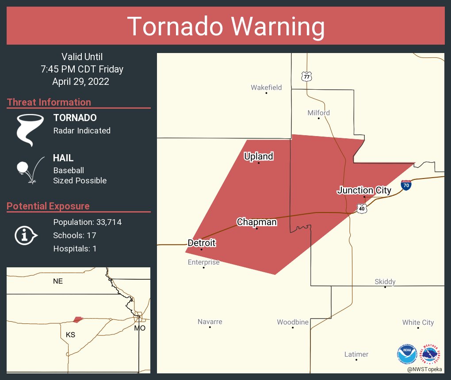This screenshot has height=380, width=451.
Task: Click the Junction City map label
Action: click(364, 190)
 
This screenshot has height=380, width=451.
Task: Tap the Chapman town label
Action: click(256, 222)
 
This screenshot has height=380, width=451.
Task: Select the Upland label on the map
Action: click(259, 156)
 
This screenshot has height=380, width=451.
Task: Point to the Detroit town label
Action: click(201, 243)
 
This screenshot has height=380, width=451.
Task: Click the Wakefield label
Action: click(266, 87)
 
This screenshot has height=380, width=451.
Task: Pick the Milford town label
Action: click(318, 113)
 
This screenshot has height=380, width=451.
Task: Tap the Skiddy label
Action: click(385, 281)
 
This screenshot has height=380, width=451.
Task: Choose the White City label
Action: click(418, 322)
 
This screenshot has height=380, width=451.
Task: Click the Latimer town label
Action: click(356, 354)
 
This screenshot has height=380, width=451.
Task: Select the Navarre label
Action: click(210, 322)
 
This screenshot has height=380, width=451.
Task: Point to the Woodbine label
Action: click(292, 322)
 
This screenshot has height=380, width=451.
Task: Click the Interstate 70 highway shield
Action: click(406, 185)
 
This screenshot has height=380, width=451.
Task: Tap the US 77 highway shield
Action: click(306, 76)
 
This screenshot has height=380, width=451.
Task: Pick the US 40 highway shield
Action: click(361, 208)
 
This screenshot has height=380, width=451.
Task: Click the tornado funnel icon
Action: click(30, 129)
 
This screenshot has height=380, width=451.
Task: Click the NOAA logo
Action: click(407, 354)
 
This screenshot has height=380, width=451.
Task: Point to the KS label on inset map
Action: click(70, 334)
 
